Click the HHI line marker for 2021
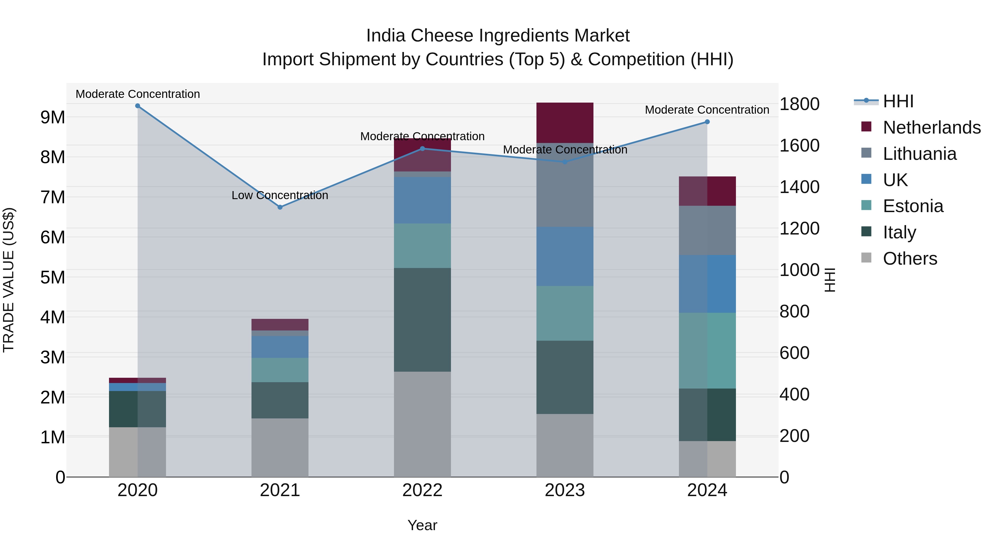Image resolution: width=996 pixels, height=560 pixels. pyautogui.click(x=280, y=207)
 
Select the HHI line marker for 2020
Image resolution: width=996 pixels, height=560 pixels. pyautogui.click(x=138, y=106)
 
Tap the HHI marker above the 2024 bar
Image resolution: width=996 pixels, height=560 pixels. pyautogui.click(x=707, y=122)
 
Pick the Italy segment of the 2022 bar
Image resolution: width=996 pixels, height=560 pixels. pyautogui.click(x=422, y=320)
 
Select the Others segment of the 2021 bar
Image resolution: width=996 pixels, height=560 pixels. pyautogui.click(x=280, y=447)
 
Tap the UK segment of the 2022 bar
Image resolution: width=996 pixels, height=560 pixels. pyautogui.click(x=422, y=200)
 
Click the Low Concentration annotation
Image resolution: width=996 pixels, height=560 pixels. pyautogui.click(x=280, y=196)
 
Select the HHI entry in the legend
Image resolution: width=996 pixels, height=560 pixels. pyautogui.click(x=898, y=101)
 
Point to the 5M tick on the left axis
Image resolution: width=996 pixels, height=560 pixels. pyautogui.click(x=53, y=277)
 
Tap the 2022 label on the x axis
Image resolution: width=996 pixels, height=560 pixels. pyautogui.click(x=422, y=490)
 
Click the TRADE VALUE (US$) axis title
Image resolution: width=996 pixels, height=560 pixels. pyautogui.click(x=9, y=280)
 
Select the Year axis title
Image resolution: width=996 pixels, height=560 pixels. pyautogui.click(x=422, y=525)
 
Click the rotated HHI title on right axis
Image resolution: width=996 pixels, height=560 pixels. pyautogui.click(x=830, y=280)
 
